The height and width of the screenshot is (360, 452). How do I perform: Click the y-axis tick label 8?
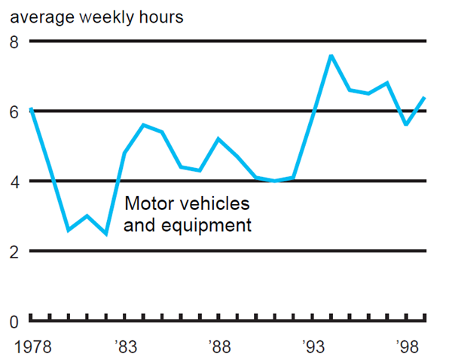click(x=12, y=41)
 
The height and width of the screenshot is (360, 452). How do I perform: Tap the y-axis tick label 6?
click(x=12, y=111)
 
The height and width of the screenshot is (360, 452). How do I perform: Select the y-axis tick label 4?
click(x=12, y=182)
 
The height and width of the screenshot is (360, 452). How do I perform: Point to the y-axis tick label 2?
click(x=12, y=252)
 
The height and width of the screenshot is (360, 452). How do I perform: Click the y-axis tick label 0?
click(x=12, y=322)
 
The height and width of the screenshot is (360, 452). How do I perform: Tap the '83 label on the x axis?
click(x=125, y=347)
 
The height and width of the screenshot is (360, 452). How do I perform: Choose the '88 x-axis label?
click(x=218, y=347)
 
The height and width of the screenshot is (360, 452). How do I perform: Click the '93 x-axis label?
click(x=313, y=347)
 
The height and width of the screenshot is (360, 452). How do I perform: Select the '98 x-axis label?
click(x=407, y=347)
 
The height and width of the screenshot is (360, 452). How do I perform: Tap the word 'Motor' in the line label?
click(x=147, y=203)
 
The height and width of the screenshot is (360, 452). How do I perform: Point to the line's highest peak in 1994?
click(x=331, y=56)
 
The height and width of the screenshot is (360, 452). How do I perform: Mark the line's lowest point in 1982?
click(x=105, y=233)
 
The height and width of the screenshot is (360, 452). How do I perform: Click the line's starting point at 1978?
click(x=31, y=109)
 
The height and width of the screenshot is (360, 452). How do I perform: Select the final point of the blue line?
click(x=425, y=98)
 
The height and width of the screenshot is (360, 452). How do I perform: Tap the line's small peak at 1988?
click(x=218, y=139)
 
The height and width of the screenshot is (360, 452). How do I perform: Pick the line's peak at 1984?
click(x=143, y=125)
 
